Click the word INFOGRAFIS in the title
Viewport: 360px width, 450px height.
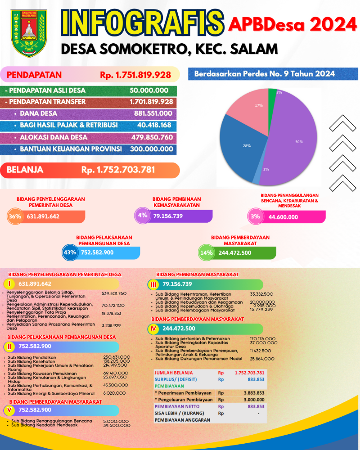click(x=142, y=22)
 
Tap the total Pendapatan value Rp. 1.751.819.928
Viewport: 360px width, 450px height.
click(x=135, y=75)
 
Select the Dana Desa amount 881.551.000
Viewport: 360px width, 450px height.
click(x=151, y=114)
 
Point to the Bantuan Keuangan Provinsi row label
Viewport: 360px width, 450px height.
click(x=71, y=149)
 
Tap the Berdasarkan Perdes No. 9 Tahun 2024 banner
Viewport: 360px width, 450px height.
click(x=265, y=74)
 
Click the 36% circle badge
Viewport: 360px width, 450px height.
click(x=15, y=216)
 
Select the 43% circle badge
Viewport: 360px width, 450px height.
click(x=70, y=252)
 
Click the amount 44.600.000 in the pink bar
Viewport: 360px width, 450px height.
click(x=283, y=217)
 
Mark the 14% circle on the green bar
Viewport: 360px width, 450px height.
click(x=207, y=253)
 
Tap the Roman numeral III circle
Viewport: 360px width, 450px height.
click(x=153, y=284)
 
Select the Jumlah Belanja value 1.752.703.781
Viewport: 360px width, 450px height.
click(x=249, y=373)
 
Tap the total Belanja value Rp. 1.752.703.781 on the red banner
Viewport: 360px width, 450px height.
click(x=118, y=170)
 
